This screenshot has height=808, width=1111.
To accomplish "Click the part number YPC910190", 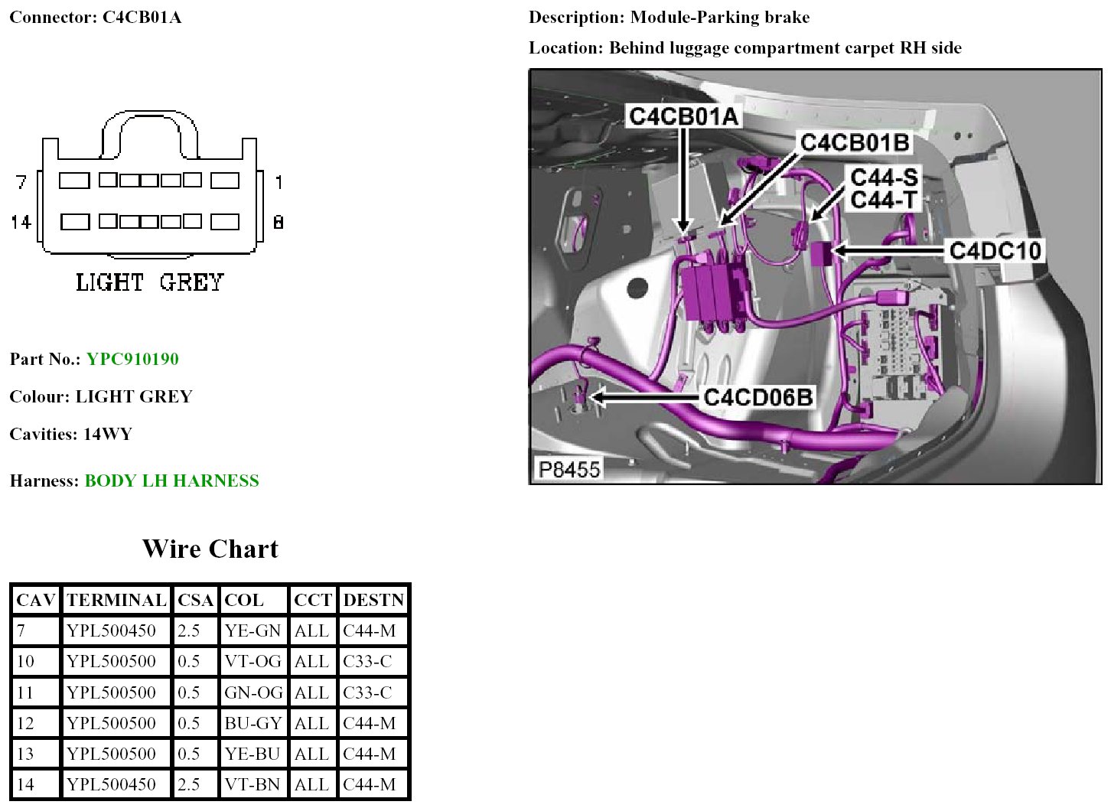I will click(x=132, y=360).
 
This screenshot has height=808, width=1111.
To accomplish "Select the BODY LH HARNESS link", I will click(x=172, y=481).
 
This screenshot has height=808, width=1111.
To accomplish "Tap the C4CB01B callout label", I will click(x=855, y=143).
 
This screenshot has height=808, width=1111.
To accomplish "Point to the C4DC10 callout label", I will click(x=995, y=250).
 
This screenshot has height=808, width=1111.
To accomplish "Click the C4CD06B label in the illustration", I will click(x=758, y=397).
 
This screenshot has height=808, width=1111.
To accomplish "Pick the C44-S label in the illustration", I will click(x=884, y=178).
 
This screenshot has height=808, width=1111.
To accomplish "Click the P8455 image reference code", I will click(x=569, y=469).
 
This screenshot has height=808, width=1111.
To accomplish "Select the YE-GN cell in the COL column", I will click(x=252, y=631).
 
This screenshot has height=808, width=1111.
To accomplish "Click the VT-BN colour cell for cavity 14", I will click(x=252, y=784).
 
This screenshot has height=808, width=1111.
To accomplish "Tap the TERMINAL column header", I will click(x=116, y=601).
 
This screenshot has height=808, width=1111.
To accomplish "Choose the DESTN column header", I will click(x=373, y=601).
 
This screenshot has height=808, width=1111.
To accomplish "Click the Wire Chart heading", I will click(x=210, y=549).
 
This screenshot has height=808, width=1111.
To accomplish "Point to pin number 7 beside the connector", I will click(x=21, y=182).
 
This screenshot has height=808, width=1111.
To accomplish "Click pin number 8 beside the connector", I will click(x=279, y=222).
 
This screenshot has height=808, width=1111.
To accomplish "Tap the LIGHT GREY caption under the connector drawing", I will click(x=150, y=282).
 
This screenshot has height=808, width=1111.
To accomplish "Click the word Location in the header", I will click(x=565, y=48).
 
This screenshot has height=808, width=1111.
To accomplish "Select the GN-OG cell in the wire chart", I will click(x=253, y=692).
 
